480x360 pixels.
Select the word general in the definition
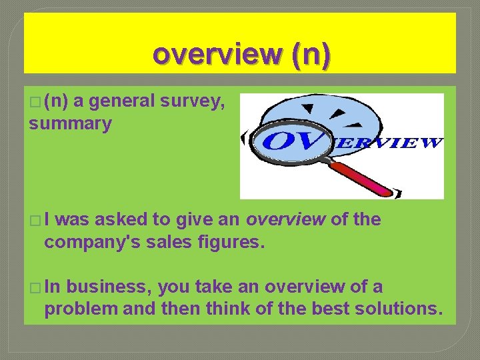[x=122, y=102]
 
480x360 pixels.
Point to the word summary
[x=70, y=124]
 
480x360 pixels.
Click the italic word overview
[x=287, y=220]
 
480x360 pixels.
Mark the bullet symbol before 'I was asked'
[x=34, y=221]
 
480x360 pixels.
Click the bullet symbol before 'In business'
[x=34, y=288]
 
